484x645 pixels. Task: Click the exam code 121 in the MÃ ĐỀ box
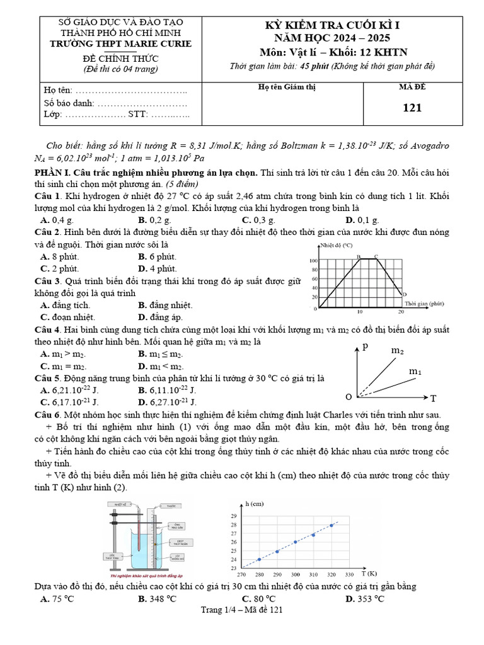[x=412, y=108]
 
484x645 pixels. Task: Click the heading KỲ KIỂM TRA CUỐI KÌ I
[x=333, y=26]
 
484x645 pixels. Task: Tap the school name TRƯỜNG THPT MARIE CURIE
[x=120, y=43]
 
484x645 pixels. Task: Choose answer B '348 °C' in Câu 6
[x=157, y=598]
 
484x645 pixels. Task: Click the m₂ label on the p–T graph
[x=398, y=350]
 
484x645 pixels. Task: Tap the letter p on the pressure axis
[x=365, y=346]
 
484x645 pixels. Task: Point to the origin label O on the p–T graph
[x=348, y=397]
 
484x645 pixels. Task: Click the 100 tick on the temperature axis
[x=313, y=261]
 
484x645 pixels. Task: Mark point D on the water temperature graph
[x=404, y=294]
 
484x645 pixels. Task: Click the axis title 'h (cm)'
[x=255, y=503]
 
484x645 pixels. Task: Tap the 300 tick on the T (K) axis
[x=295, y=574]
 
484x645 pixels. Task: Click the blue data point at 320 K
[x=331, y=525]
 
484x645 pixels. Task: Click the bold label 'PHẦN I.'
[x=53, y=172]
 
